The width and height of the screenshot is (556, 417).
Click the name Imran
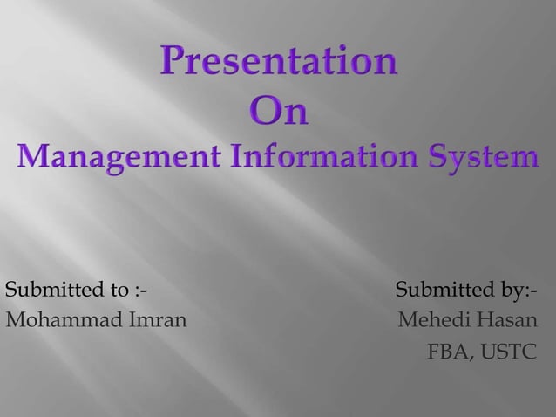[158, 320]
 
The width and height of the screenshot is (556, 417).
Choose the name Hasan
[505, 320]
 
